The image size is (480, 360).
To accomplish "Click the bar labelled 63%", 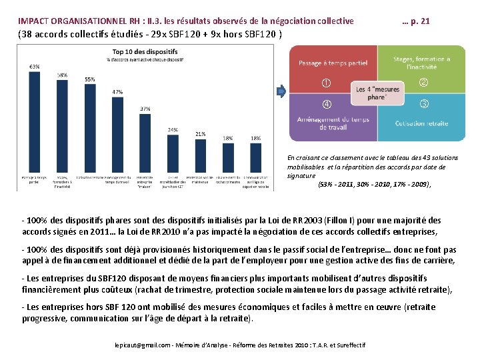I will coord(33,120).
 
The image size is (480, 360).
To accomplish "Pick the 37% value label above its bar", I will coord(145,108).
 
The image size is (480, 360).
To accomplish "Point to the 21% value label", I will coord(200,134).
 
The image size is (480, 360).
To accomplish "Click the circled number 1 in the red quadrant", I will coord(326,83).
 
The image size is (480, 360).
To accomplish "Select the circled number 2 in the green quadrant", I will coord(423,83).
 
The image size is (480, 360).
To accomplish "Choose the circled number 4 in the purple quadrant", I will coord(326,104).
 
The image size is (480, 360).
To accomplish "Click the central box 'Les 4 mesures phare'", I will coord(377,93).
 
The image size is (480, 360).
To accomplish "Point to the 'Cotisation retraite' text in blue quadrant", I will coord(421,123).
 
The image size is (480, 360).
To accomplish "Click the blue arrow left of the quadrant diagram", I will coord(282,91).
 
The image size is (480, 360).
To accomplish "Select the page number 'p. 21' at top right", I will coord(421,21).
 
